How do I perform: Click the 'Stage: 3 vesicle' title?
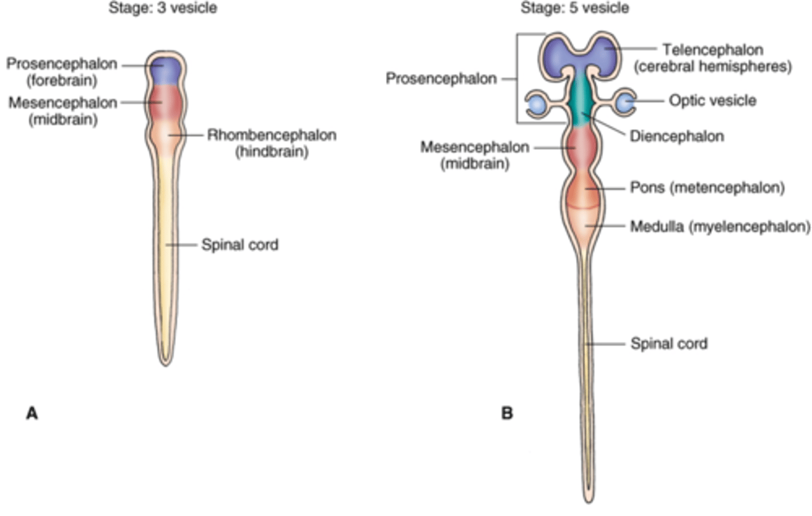(162, 8)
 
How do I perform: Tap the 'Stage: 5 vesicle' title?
(574, 8)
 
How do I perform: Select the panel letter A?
(32, 413)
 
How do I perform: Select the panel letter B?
(507, 413)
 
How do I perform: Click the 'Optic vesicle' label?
(712, 101)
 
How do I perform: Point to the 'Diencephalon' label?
(677, 136)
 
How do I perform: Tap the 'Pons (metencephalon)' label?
(707, 187)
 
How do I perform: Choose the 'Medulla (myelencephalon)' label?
(720, 227)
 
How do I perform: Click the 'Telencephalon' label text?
(713, 50)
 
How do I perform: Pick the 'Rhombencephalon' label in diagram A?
(272, 135)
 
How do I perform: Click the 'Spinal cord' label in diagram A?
(240, 245)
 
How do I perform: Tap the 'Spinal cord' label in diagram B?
(669, 343)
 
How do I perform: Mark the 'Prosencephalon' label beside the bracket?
(441, 78)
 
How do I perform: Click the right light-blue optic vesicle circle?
(624, 103)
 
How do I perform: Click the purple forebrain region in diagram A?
(165, 69)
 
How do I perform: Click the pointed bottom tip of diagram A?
(166, 363)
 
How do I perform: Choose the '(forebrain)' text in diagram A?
(62, 81)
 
